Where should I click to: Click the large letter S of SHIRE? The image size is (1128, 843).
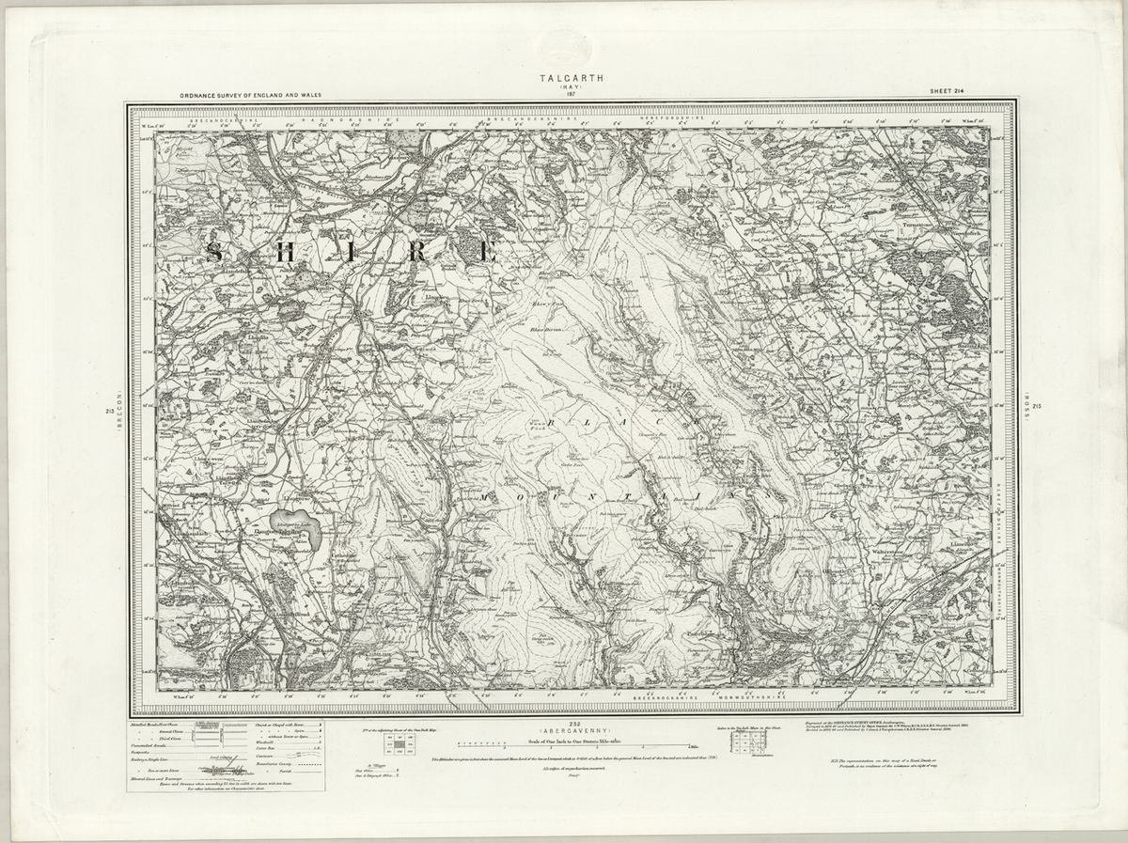pos(215,252)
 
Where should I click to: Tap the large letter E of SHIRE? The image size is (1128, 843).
pos(486,252)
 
